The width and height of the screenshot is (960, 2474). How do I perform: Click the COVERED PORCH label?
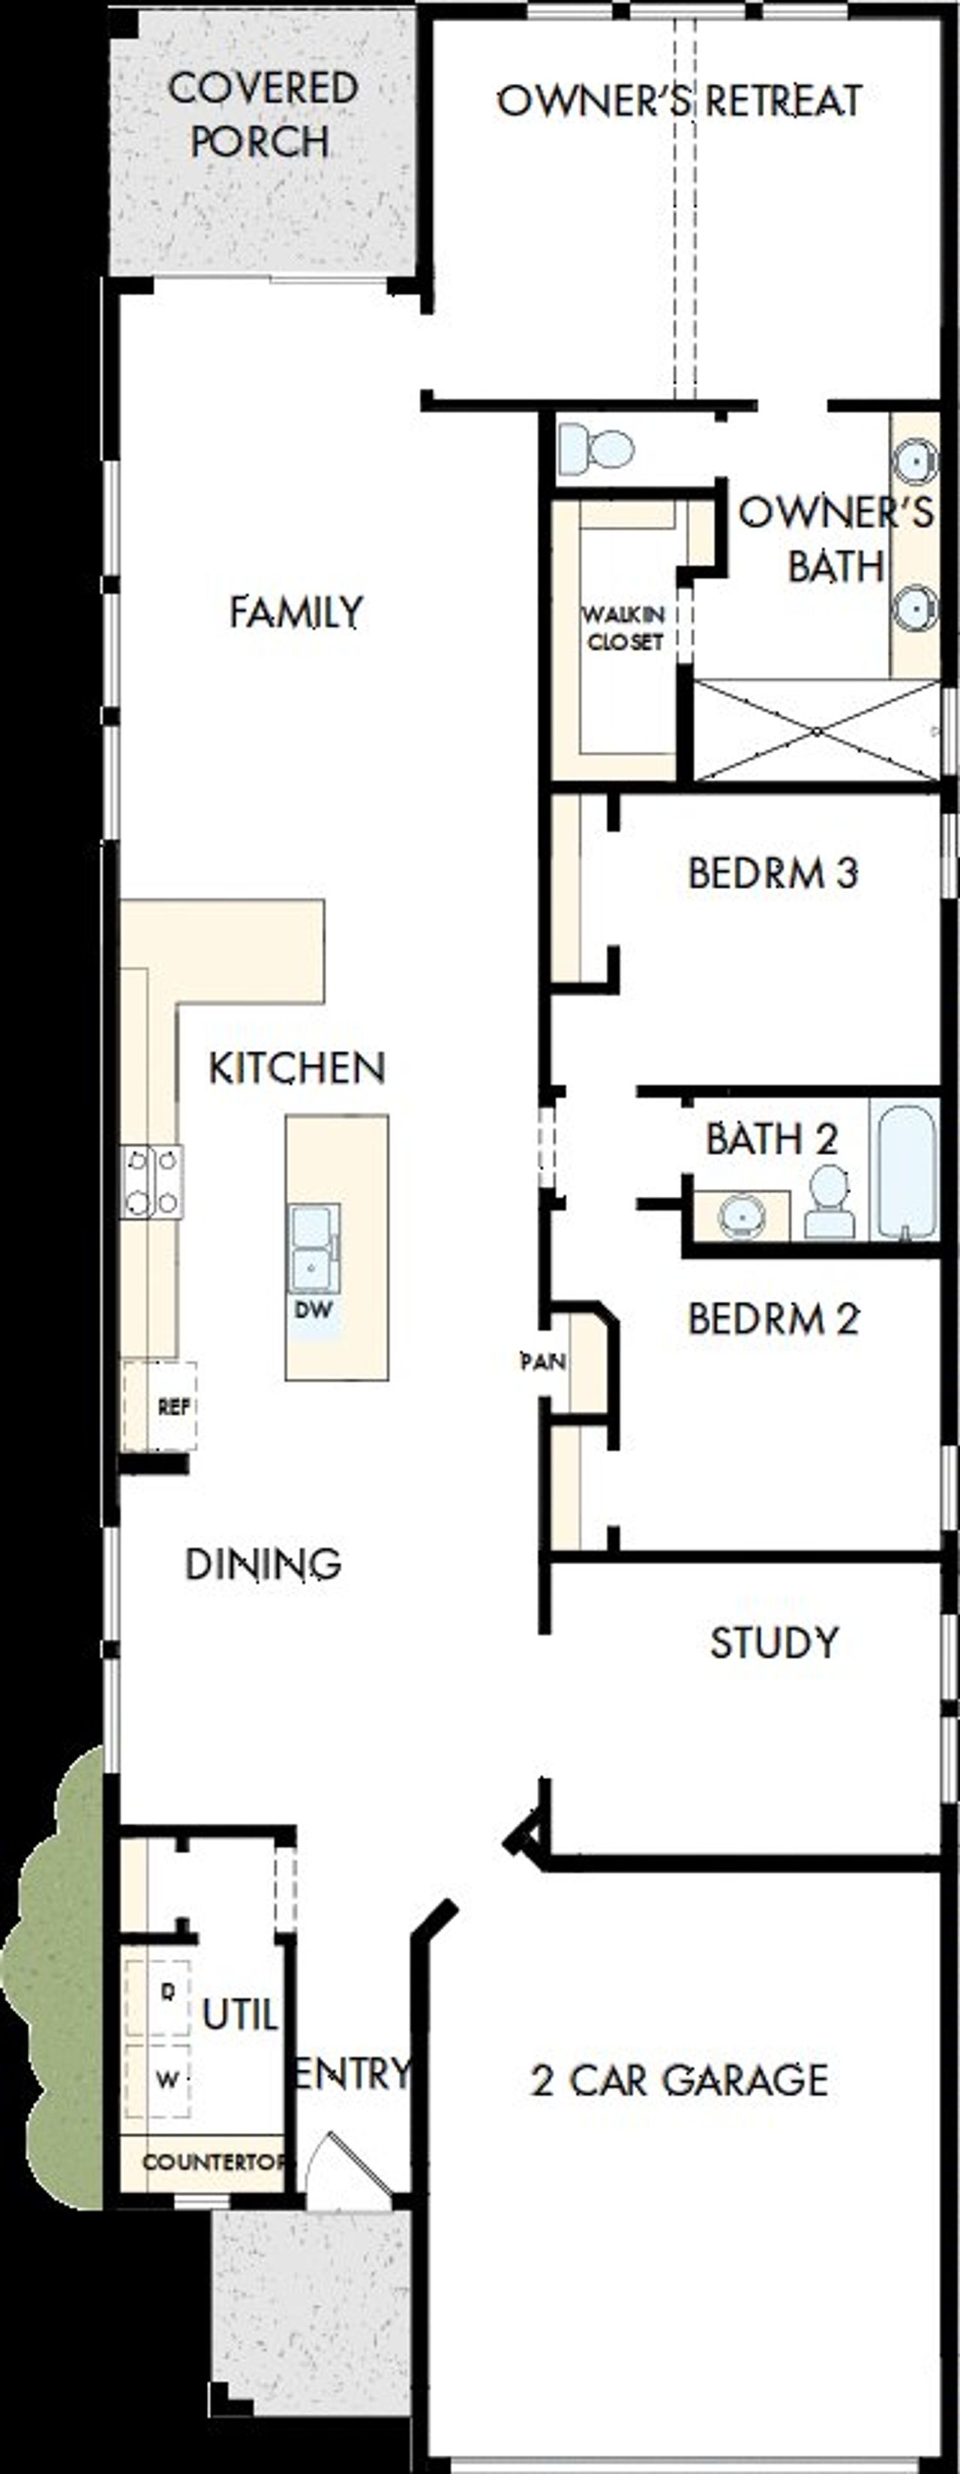tap(262, 115)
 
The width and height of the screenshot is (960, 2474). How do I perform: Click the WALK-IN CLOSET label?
tap(625, 628)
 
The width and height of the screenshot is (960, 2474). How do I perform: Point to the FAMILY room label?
tap(296, 612)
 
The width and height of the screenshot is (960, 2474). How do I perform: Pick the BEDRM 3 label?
tap(772, 873)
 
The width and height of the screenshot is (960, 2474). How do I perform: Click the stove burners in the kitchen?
tap(151, 1181)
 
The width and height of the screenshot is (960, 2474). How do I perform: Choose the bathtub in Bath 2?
tap(905, 1171)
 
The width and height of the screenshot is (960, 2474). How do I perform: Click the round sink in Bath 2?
tap(741, 1215)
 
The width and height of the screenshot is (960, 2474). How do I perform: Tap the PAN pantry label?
tap(543, 1361)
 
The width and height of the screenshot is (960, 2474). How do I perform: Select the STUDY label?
tap(773, 1642)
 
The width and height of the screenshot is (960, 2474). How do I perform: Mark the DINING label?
tap(262, 1563)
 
